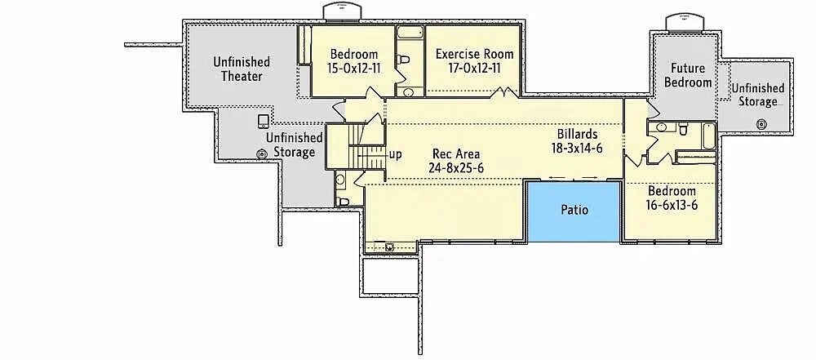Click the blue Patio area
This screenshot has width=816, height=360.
[x=574, y=211]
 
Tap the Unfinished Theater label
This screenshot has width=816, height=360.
[x=242, y=69]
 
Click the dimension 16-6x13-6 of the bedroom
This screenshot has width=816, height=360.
[x=672, y=205]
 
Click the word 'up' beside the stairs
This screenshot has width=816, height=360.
[x=395, y=153]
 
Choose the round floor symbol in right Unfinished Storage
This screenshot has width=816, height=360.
[x=761, y=124]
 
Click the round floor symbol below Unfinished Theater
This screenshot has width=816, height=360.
[x=262, y=153]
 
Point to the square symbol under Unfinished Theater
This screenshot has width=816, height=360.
[x=262, y=122]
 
